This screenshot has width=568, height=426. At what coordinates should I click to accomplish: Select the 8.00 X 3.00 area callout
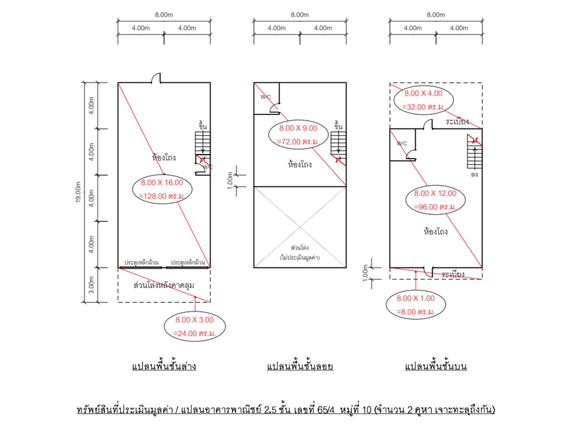point(195,327)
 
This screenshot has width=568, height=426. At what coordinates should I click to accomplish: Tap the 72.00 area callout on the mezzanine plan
point(298,135)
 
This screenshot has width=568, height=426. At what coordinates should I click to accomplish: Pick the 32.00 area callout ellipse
point(423,100)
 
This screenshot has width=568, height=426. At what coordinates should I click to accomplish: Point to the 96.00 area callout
point(435,200)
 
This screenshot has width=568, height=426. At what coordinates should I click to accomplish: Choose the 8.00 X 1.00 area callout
point(415,305)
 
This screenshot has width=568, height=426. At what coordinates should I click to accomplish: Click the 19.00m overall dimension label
point(78,192)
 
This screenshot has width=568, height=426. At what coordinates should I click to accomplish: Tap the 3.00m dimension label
point(91,285)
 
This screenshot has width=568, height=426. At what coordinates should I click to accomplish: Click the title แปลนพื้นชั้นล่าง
point(164,366)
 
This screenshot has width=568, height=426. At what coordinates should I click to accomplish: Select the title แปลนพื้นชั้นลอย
point(299,366)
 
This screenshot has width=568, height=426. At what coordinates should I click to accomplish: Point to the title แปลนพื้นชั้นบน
point(435,366)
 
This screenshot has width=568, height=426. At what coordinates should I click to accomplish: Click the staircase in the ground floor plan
point(202,143)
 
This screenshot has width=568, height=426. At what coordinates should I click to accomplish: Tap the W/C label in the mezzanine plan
point(266,97)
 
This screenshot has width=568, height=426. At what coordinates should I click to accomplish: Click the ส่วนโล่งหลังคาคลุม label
point(164,285)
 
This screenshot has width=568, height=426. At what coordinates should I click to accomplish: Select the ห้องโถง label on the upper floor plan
point(435,231)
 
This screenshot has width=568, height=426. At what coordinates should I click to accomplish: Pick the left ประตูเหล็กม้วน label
point(141,262)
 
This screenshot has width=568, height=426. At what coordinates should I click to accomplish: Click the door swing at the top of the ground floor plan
point(156,78)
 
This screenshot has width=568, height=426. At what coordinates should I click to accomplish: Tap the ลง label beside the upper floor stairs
point(474,174)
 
